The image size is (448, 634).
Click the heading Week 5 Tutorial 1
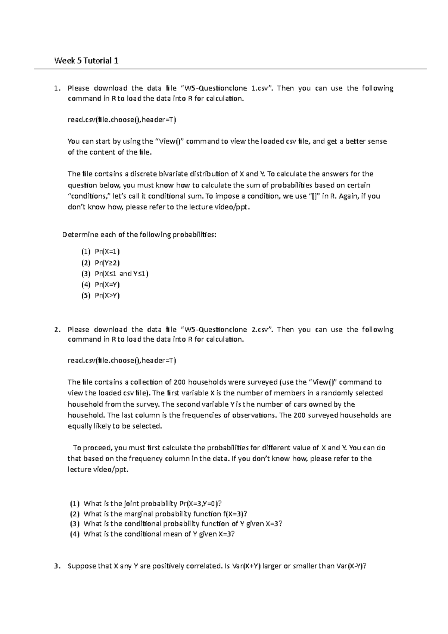pos(86,60)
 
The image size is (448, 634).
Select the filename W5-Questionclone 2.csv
pos(224,329)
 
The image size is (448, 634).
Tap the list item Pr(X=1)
pos(107,252)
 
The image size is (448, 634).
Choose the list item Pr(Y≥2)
pos(107,262)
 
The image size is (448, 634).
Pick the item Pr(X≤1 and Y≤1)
pos(121,274)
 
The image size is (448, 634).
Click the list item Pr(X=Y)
pos(107,285)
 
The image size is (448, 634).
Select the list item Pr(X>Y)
pos(107,295)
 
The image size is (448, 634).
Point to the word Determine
pos(78,234)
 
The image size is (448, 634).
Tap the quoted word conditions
pos(86,196)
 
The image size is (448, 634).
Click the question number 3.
pos(56,566)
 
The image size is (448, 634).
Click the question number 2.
pos(56,329)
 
